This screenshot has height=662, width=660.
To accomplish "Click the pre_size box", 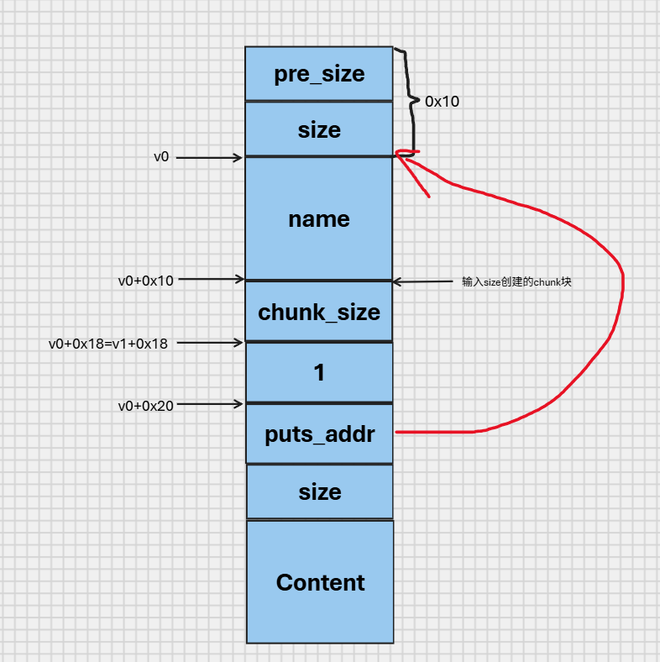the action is click(x=319, y=73).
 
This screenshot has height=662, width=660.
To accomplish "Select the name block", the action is click(x=319, y=218).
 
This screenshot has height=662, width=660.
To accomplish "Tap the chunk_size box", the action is click(x=319, y=312).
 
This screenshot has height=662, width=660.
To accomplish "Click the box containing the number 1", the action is click(x=319, y=372).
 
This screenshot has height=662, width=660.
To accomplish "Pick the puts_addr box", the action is click(x=319, y=433).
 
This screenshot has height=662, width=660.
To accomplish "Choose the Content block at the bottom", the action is click(x=320, y=582).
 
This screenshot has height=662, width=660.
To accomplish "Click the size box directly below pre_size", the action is click(x=319, y=129).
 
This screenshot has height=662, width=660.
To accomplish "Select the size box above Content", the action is click(x=320, y=491).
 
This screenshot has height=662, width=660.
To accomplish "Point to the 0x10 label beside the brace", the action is click(x=442, y=102).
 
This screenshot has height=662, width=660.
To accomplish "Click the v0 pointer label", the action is click(x=161, y=156).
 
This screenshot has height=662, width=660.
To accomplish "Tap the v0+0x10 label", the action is click(x=145, y=281).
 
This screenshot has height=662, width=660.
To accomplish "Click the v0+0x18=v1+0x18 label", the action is click(x=108, y=344).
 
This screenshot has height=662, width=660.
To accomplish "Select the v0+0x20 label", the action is click(x=145, y=406).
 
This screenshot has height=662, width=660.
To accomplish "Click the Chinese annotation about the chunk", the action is click(x=516, y=281).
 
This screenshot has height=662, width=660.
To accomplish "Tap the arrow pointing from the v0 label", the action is click(x=209, y=158).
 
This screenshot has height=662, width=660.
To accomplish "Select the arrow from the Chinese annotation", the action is click(x=423, y=281).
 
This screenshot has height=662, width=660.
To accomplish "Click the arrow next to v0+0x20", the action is click(x=210, y=404).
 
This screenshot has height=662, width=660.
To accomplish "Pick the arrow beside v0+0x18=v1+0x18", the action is click(x=210, y=343).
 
